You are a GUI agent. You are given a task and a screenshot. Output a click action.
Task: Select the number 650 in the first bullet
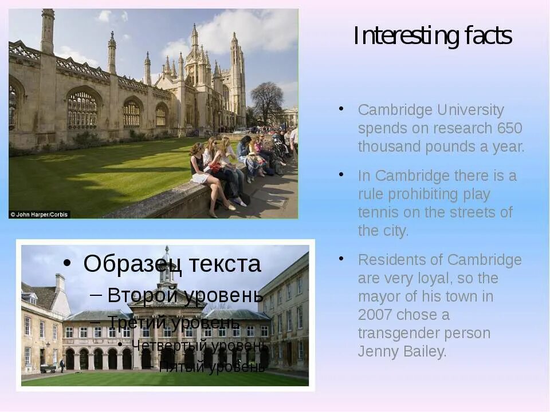[509, 128]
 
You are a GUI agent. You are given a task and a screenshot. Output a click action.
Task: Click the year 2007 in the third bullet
[375, 315]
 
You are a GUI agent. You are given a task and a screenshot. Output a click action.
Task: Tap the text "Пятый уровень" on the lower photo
[211, 367]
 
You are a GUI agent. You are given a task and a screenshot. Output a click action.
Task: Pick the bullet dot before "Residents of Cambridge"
[341, 259]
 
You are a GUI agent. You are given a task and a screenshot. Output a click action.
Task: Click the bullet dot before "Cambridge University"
[341, 108]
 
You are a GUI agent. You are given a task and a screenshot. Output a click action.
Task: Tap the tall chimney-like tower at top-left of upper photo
[48, 31]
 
